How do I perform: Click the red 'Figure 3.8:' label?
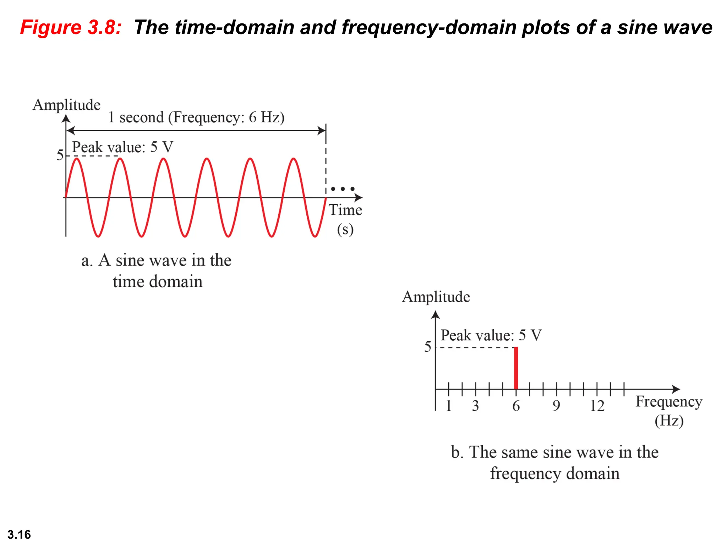71,27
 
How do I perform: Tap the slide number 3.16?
19,534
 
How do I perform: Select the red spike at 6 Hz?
516,368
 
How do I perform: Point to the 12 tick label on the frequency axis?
597,406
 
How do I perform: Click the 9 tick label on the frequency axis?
556,406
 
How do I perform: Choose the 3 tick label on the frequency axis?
475,406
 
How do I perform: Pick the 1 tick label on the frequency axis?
449,406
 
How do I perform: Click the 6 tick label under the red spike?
516,406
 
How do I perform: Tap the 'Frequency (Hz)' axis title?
669,411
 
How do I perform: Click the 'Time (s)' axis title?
345,219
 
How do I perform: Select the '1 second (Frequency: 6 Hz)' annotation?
196,117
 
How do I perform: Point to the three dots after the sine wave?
343,189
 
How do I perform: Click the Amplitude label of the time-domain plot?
66,105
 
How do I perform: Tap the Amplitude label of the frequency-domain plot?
436,297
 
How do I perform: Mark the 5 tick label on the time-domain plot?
60,155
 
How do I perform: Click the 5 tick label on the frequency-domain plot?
428,347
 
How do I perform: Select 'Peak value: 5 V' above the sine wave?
122,147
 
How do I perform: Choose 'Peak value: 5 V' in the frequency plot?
491,335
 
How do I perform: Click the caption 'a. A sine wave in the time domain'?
157,271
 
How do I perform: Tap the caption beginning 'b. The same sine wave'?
555,463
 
